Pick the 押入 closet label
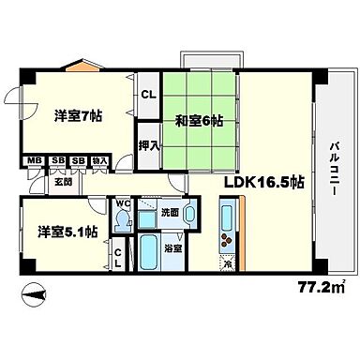148,146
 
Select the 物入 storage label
101,160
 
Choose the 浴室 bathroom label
174,250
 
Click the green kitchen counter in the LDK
229,226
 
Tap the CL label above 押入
148,95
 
